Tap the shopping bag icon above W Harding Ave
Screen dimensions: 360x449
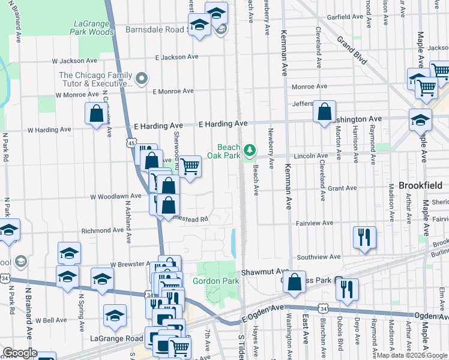(96, 113)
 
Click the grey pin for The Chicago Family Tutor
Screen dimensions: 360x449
(142, 78)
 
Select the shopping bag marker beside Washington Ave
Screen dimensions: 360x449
(324, 112)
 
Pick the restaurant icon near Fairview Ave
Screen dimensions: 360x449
(364, 237)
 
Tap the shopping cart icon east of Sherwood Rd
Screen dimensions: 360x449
(190, 167)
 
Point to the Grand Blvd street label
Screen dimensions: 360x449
(351, 51)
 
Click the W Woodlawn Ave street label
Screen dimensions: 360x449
(115, 196)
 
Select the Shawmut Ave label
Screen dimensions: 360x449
(257, 272)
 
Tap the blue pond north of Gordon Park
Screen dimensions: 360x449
(233, 241)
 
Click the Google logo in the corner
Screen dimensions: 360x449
(20, 353)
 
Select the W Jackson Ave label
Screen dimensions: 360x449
(74, 61)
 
